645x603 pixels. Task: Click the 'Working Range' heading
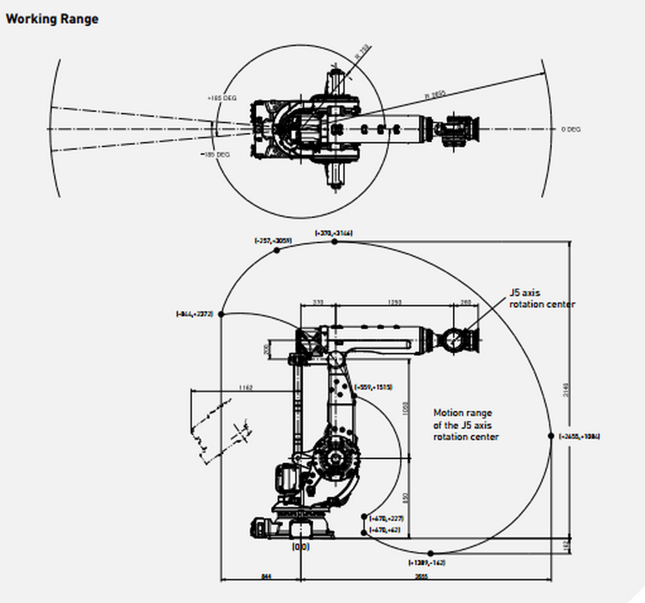tap(52, 19)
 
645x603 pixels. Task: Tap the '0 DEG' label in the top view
tap(571, 129)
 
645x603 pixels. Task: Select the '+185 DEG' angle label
tap(222, 98)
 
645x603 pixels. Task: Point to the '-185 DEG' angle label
tap(215, 155)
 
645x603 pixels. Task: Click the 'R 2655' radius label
tap(435, 95)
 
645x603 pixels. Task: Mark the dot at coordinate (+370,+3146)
tap(334, 242)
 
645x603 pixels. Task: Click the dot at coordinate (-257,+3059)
tap(277, 251)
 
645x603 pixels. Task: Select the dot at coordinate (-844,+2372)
tap(221, 314)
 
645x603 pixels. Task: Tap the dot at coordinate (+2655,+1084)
tap(550, 436)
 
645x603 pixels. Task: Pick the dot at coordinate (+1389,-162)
tap(431, 553)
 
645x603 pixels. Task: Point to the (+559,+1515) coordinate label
tap(373, 387)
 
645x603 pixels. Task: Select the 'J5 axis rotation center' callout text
tap(541, 299)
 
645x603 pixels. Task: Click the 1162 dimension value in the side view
tap(246, 388)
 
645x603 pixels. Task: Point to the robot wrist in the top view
tap(459, 128)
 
